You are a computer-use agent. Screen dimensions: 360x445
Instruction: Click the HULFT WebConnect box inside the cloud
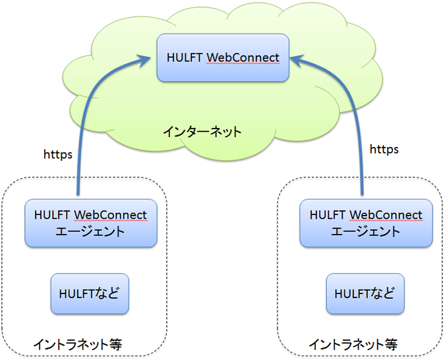[x=223, y=57]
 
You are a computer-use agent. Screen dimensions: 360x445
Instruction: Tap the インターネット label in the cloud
[x=202, y=131]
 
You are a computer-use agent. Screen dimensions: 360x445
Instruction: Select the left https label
[x=58, y=154]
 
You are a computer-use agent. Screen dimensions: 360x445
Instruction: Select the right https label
[x=384, y=150]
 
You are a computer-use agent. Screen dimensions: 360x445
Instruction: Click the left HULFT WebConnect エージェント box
[x=90, y=223]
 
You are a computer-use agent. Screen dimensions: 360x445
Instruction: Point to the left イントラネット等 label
[x=78, y=344]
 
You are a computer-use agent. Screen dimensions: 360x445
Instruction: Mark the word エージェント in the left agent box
[x=90, y=231]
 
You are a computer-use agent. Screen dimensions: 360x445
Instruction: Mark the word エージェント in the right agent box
[x=365, y=231]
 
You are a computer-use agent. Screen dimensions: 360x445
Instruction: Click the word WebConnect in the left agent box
[x=110, y=215]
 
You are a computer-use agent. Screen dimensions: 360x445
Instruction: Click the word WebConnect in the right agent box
[x=386, y=215]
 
